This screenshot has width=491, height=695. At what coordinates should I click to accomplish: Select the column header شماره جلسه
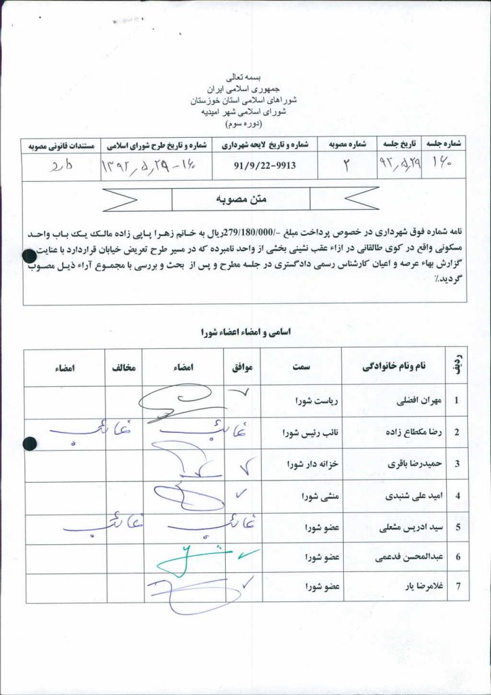click(x=445, y=144)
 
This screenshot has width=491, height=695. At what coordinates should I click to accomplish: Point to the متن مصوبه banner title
click(x=242, y=199)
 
